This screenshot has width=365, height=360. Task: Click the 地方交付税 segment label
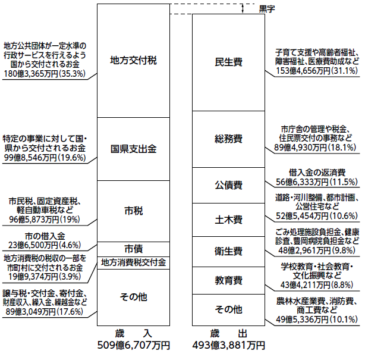click(133, 61)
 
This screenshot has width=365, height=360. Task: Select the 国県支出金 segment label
click(133, 149)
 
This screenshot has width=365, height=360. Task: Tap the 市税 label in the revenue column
click(133, 211)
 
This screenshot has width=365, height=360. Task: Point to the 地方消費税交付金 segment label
click(133, 262)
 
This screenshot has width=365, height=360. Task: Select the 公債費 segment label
click(228, 185)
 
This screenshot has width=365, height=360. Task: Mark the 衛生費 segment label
click(228, 252)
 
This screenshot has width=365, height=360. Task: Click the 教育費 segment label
click(228, 280)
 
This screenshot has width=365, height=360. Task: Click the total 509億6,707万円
click(133, 345)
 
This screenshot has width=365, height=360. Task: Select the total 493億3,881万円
click(228, 345)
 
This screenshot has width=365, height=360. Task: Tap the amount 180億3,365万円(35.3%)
click(45, 74)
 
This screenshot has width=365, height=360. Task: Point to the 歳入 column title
click(133, 333)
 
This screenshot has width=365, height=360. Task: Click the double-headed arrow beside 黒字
click(243, 8)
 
